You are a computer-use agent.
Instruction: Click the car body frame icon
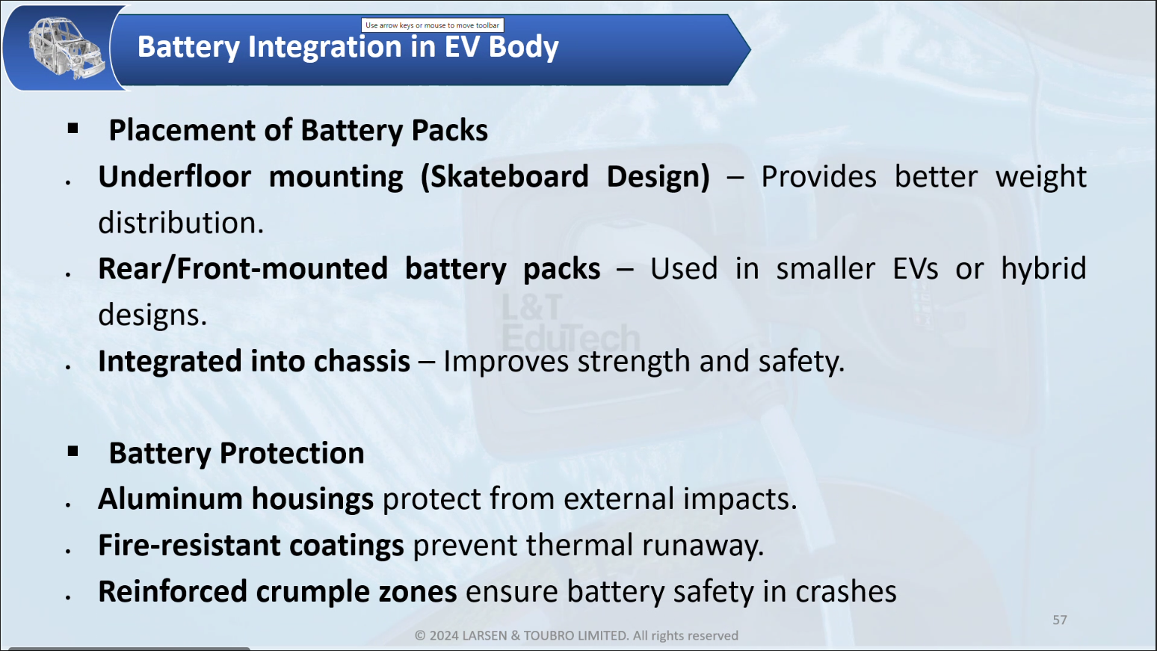pos(66,48)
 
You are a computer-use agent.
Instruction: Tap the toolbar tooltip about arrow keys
pos(432,25)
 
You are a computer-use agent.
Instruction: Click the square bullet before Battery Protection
pos(72,451)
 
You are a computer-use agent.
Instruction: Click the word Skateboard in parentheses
pos(509,176)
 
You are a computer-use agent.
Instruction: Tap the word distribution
pos(181,223)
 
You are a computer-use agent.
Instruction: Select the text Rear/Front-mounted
pos(243,268)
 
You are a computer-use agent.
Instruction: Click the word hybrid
pos(1044,268)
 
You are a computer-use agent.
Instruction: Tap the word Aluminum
pos(170,499)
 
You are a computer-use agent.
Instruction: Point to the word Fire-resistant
pos(189,545)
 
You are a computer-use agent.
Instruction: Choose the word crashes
pos(846,592)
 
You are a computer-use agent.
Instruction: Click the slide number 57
pos(1060,620)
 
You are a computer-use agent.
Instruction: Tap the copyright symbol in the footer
pos(420,635)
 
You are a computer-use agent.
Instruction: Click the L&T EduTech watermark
pos(570,324)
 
